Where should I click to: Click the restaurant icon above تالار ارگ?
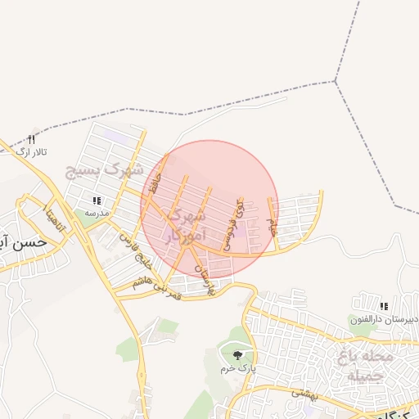tap(32, 140)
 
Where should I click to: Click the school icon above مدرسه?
tap(97, 200)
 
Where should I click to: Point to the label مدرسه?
tap(97, 212)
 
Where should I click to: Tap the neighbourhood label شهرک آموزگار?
tap(182, 227)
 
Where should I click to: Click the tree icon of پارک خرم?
tap(237, 355)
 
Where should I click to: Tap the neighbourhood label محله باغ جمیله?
tap(366, 366)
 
